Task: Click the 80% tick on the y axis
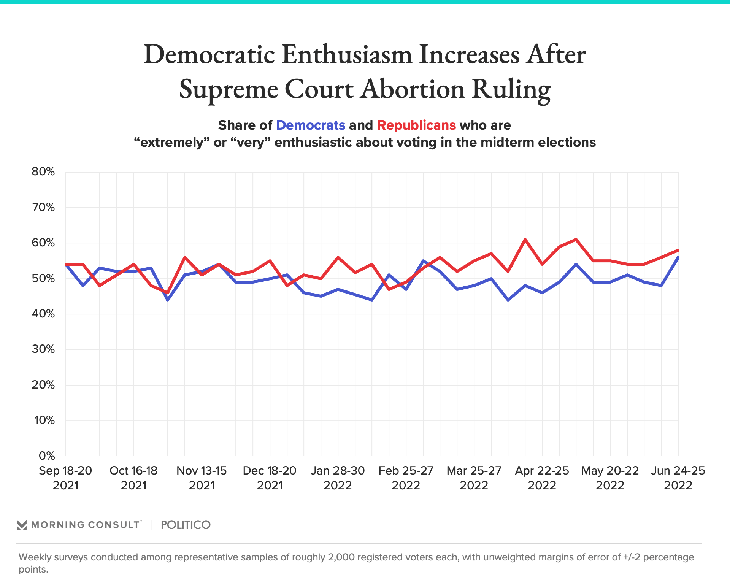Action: click(x=43, y=172)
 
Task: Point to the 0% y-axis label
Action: click(x=47, y=455)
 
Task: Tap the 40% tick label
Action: click(x=43, y=314)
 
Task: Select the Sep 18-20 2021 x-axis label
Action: click(x=65, y=478)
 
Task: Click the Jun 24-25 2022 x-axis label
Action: click(x=678, y=478)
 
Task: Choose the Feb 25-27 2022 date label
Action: click(x=406, y=478)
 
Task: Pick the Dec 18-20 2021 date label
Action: click(x=270, y=478)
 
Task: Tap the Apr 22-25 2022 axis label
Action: click(x=542, y=478)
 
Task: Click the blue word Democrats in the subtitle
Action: click(x=310, y=125)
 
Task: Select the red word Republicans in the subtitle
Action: click(x=416, y=125)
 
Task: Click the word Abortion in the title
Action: click(x=413, y=89)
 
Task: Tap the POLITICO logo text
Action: click(x=186, y=525)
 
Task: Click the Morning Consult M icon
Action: click(x=22, y=525)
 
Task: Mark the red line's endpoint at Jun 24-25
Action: click(x=678, y=250)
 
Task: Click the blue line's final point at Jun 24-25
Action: click(x=678, y=257)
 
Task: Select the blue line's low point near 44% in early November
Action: click(x=168, y=300)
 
